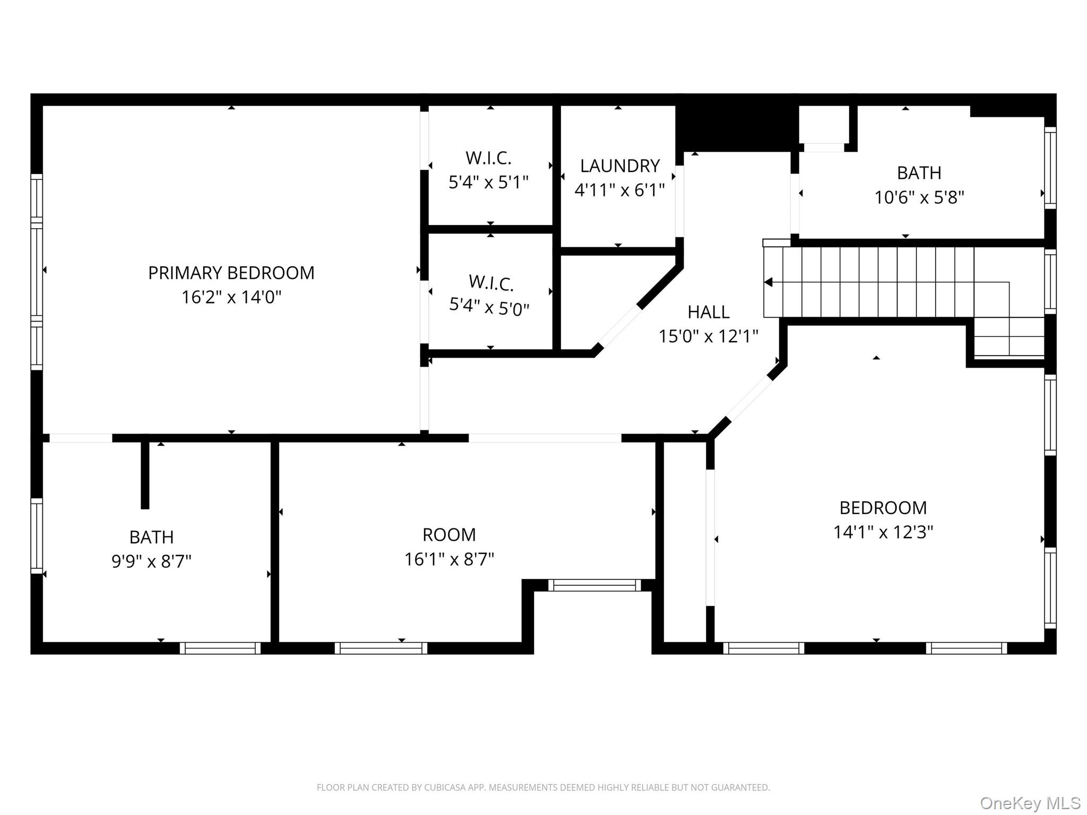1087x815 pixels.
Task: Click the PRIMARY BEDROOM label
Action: [x=231, y=273]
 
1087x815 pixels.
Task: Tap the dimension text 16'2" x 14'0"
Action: [x=231, y=297]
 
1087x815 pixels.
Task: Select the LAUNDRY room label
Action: [x=619, y=166]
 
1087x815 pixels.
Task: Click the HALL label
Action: [x=708, y=312]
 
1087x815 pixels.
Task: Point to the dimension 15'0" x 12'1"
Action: [x=708, y=336]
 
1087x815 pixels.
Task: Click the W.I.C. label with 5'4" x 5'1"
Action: [x=488, y=158]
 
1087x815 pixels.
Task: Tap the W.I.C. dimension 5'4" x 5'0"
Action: [x=489, y=307]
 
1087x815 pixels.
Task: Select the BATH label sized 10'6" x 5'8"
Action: [x=919, y=173]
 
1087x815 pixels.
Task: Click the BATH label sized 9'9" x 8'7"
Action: [x=151, y=537]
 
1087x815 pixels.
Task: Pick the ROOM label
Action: [x=449, y=535]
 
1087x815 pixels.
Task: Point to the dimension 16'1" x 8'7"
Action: [x=449, y=559]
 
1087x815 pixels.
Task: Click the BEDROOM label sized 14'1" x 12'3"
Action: [x=883, y=508]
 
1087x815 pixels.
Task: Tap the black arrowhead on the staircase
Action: [x=768, y=282]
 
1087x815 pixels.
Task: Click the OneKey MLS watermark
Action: [x=1030, y=803]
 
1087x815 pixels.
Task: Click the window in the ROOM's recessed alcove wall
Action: [x=594, y=585]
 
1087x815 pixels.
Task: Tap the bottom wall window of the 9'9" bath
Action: [x=220, y=648]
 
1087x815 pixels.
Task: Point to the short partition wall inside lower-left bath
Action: [x=145, y=475]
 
